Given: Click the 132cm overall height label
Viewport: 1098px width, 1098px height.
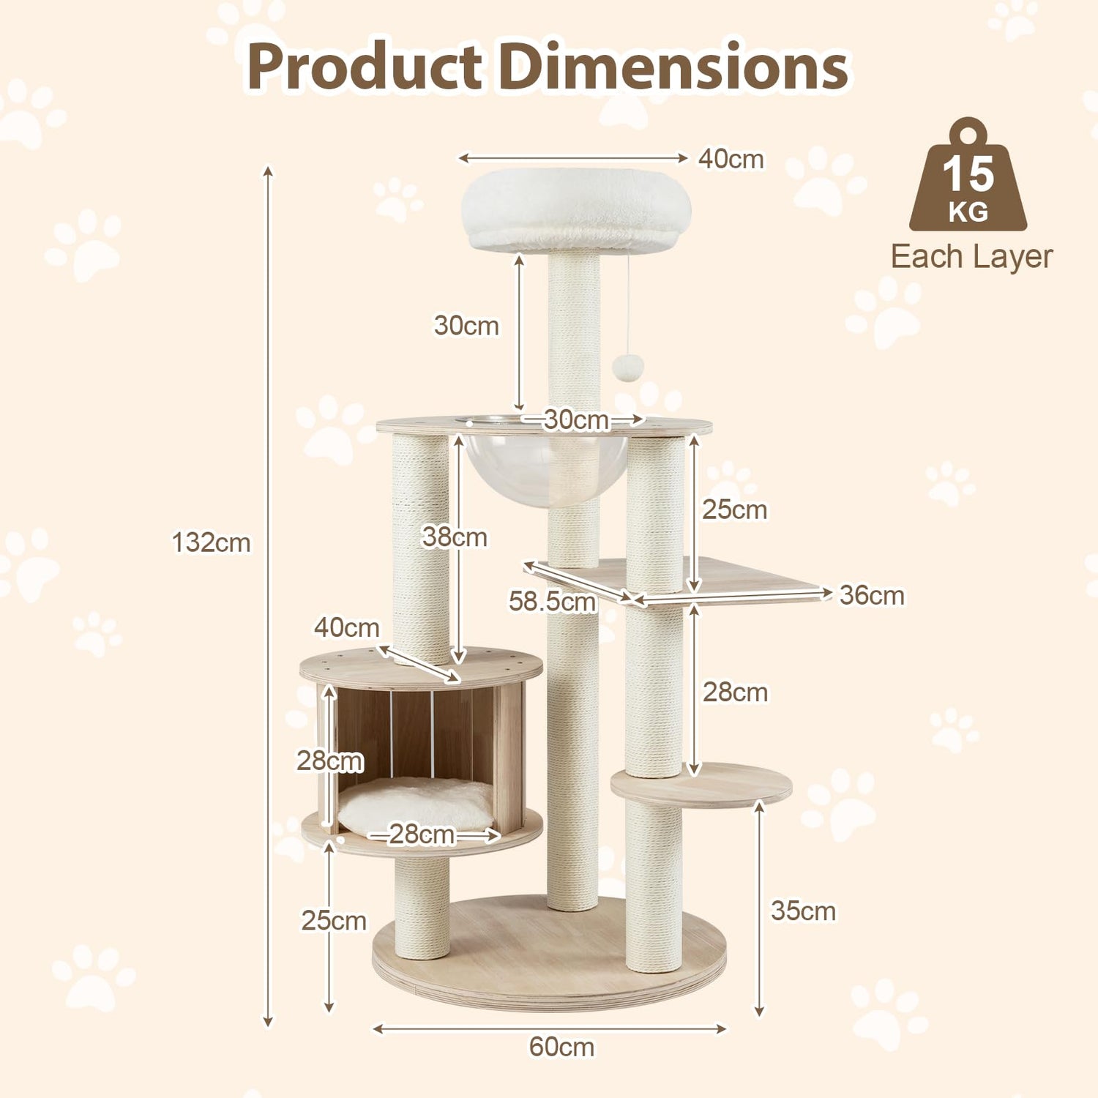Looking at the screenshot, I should point(211,543).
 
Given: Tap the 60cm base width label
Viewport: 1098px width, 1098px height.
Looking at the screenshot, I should point(561,1047).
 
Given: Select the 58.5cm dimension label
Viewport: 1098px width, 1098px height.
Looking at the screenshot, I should point(553,601).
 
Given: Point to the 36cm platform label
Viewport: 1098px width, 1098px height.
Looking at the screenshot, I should point(872,595).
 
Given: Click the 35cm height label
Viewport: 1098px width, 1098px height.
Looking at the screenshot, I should point(803,911).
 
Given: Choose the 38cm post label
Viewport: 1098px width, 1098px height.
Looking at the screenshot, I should point(455,537).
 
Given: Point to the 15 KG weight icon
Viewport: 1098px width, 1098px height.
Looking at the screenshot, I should point(968,179).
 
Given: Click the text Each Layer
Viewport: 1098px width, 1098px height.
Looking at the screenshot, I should point(971,257).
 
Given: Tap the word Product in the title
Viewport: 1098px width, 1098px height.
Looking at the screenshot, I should point(364,67).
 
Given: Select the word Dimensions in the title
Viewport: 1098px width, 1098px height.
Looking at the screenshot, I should point(673,67).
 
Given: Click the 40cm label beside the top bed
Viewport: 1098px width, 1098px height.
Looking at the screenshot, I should point(731,159).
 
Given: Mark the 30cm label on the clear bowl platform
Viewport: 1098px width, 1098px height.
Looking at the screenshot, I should point(576,420).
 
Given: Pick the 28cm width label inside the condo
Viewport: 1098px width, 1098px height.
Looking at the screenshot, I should point(422,834).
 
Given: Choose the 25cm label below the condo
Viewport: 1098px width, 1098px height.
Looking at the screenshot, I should point(334,920).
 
